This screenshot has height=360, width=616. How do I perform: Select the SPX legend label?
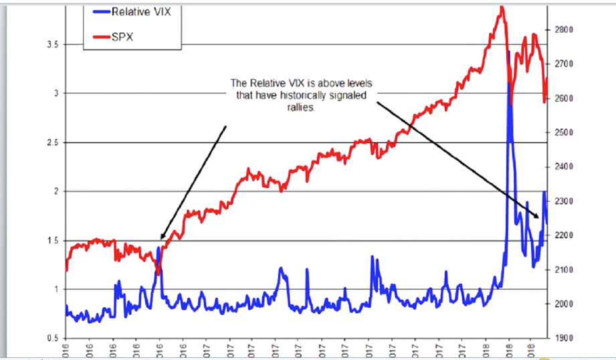click(x=122, y=37)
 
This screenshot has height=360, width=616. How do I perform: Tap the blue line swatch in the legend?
click(x=97, y=13)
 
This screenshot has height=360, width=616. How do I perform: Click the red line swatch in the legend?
click(x=97, y=37)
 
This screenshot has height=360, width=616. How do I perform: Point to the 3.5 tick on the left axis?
click(x=52, y=44)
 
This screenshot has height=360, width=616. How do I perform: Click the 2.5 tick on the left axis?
click(x=52, y=143)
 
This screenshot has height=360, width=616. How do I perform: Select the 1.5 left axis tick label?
click(x=52, y=240)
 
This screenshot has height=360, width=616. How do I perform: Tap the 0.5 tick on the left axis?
click(x=52, y=338)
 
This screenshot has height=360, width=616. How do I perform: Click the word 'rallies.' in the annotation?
click(x=300, y=106)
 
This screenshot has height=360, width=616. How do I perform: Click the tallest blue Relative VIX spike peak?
click(x=510, y=52)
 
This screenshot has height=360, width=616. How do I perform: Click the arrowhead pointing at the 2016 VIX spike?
click(x=161, y=238)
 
